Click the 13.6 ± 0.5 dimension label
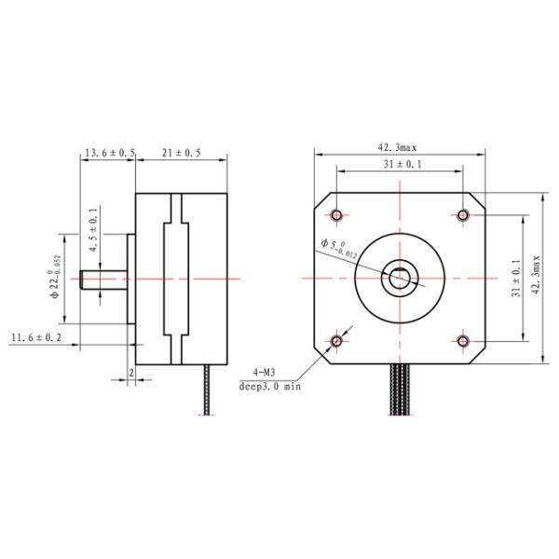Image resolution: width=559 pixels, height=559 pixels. pos(111,152)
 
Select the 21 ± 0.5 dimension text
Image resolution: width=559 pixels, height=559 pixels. pos(182,152)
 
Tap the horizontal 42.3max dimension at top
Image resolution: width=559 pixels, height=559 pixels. pos(397,147)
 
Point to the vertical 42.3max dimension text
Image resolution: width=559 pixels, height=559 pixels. pos(535,277)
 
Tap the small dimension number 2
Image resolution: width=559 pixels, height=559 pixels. pos(131,372)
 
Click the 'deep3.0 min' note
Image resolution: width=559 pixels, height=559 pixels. pos(270,384)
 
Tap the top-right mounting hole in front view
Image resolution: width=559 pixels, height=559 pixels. pos(463,214)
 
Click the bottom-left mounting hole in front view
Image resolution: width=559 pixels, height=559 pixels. pos(337,341)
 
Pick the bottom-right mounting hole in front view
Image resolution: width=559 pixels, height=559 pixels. pos(463,341)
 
